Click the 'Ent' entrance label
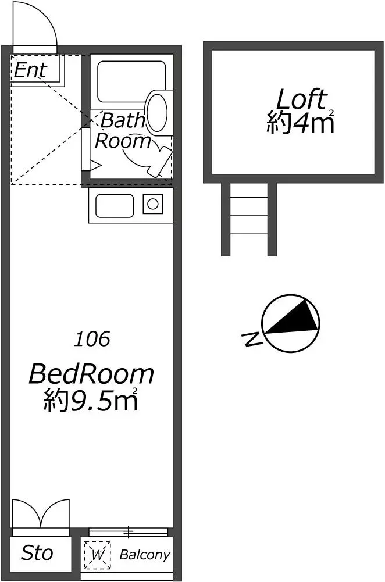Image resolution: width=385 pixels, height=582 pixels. point(31,70)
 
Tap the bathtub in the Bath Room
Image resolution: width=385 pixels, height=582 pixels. point(131,81)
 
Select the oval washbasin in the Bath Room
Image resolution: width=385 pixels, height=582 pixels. point(157,112)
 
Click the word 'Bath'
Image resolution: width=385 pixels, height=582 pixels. point(122,120)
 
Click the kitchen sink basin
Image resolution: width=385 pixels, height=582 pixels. point(115,206)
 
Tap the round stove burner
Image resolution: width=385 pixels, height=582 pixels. point(152,203)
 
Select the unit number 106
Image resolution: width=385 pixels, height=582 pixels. point(92,339)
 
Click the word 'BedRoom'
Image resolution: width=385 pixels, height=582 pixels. point(91,374)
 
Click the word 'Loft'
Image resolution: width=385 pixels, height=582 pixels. point(302,99)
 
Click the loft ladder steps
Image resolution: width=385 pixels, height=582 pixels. point(249,215)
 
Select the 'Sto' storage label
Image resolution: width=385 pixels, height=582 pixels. point(37,553)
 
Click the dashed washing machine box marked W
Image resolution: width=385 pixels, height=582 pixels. point(97,555)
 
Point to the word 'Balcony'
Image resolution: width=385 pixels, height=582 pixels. point(145,555)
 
